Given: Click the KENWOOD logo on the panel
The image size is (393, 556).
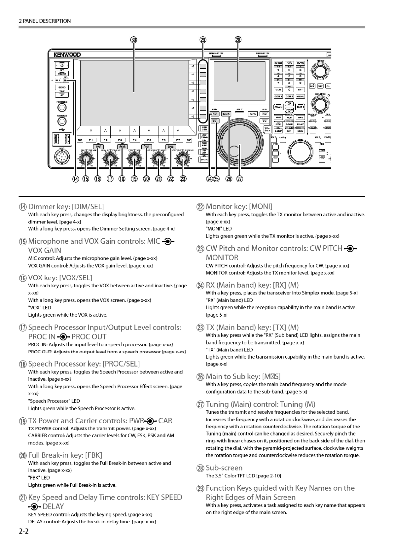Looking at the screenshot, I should point(65,54).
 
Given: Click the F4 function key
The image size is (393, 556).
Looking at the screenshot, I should point(134,140).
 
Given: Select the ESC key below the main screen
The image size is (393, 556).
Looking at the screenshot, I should point(80,140).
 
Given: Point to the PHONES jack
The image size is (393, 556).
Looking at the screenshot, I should point(62,107).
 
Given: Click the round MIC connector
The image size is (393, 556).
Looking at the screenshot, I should point(62,159).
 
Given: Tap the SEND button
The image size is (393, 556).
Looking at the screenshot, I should point(62,87).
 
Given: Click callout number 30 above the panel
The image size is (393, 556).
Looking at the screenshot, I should point(133,40).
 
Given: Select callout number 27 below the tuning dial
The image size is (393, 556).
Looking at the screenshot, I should point(240,179).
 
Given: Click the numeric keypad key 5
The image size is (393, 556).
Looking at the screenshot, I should point(289,76).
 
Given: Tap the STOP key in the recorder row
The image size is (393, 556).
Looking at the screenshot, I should point(289,124).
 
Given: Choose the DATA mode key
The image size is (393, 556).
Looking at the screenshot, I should point(204,159).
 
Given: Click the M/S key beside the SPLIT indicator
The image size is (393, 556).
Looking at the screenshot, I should point(253,114).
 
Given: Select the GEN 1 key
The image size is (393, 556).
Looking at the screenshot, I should point(278,96).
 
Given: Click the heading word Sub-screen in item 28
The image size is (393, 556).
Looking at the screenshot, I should point(224,468).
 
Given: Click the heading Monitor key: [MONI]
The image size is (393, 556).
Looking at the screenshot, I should point(239,207).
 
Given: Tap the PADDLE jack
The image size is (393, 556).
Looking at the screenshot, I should point(62,122).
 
